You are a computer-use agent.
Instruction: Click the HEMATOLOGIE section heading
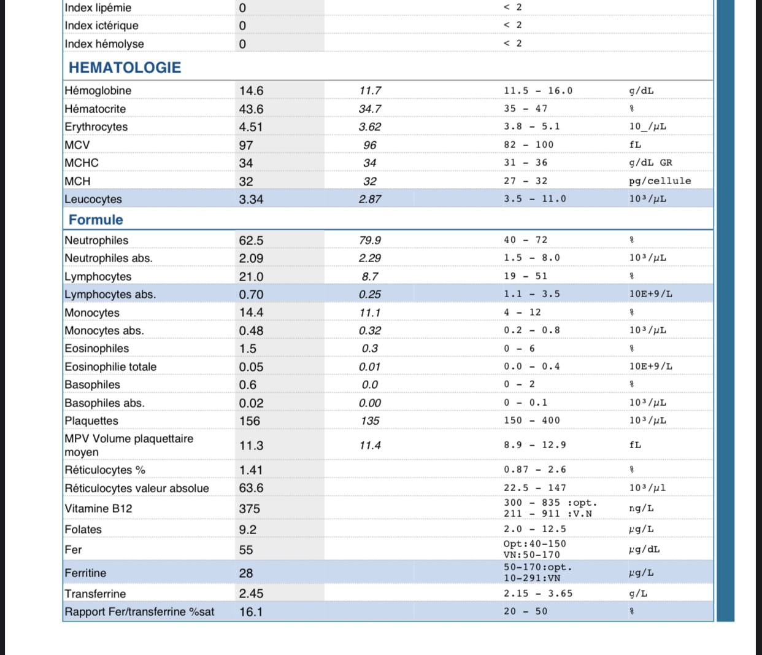coord(125,68)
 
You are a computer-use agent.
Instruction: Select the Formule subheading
coord(96,220)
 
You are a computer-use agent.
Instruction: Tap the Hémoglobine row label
coord(98,91)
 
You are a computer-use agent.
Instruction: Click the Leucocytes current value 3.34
coord(251,200)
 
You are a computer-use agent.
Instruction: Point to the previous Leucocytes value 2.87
coord(370,200)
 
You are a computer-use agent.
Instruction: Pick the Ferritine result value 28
coord(246,573)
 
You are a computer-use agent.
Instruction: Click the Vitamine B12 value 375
coord(250,509)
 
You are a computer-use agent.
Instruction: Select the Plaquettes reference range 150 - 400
coord(532,421)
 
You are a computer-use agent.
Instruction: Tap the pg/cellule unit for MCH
coord(660,181)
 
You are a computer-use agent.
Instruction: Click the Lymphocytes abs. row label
coord(110,295)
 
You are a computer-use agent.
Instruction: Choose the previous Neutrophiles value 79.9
coord(370,241)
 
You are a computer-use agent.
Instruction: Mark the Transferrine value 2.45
coord(251,594)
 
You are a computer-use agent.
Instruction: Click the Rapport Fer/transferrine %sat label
coord(139,612)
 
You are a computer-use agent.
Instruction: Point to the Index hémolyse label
coord(104,44)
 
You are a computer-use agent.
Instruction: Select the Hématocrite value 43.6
coord(251,109)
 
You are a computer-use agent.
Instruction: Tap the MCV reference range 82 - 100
coord(528,145)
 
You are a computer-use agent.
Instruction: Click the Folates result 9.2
coord(248,530)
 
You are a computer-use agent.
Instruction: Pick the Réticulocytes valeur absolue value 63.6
coord(251,488)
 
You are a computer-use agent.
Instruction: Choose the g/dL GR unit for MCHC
coord(650,163)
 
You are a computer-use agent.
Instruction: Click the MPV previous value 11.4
coord(370,446)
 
